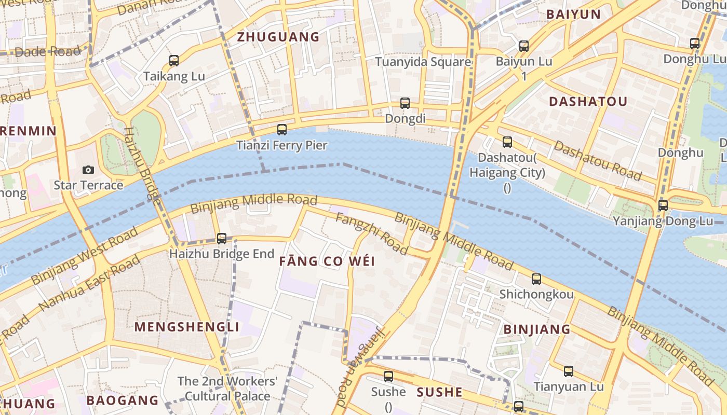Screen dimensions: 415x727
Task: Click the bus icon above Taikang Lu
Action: coord(174,61)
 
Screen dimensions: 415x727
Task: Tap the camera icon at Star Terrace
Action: coord(88,170)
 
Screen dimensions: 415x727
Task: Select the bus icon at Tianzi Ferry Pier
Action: coord(282,129)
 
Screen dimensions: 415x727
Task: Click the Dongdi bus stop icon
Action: coord(405,103)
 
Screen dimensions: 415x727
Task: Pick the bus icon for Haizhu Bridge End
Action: coord(222,239)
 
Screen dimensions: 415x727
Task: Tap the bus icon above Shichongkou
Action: coord(536,279)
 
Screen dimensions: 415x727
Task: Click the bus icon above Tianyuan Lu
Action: coord(569,371)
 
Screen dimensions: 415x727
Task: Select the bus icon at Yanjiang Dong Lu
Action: coord(663,205)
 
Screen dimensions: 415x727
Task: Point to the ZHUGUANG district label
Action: coord(278,37)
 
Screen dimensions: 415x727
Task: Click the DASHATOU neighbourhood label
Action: coord(588,102)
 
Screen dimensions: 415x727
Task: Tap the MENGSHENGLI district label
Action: coord(187,327)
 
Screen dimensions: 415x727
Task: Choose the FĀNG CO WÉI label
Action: coord(327,261)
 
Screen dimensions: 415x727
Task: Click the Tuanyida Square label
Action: coord(423,62)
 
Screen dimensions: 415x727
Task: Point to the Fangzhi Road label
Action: coord(371,233)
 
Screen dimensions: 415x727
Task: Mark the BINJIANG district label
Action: coord(537,329)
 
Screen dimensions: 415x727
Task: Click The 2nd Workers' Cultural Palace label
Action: coord(227,389)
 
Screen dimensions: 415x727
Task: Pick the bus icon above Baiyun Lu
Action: coord(524,46)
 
